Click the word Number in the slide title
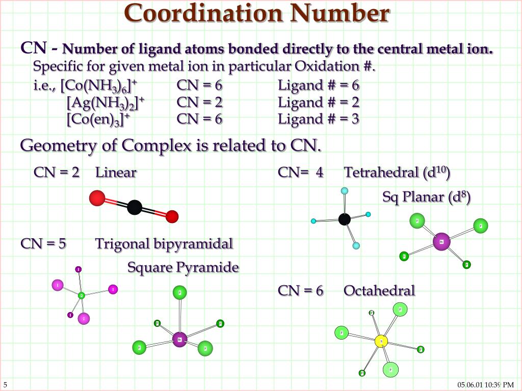click(340, 14)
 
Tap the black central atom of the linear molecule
click(135, 207)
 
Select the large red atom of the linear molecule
click(97, 198)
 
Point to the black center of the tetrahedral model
click(345, 219)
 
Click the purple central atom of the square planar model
click(441, 242)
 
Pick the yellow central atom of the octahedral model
click(381, 341)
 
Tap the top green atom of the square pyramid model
click(179, 292)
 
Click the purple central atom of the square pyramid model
click(179, 339)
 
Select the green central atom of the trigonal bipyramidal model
click(81, 295)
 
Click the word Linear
click(116, 173)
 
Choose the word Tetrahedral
click(381, 173)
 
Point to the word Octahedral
click(379, 291)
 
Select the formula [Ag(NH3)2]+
click(106, 103)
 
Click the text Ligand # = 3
click(319, 119)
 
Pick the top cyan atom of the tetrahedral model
click(345, 191)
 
